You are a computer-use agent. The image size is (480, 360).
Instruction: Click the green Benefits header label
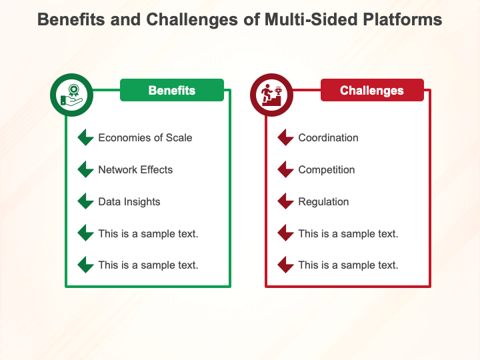[x=171, y=91]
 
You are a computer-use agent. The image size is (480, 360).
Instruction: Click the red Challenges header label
[x=371, y=91]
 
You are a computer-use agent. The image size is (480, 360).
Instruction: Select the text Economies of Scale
[x=145, y=138]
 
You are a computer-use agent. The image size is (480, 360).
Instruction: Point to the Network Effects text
[x=135, y=170]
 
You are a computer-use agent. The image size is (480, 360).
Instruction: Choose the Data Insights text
[x=129, y=202]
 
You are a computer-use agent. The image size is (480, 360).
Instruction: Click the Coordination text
[x=328, y=138]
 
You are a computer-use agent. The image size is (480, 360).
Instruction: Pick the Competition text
[x=326, y=170]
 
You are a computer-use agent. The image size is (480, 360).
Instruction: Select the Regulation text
[x=323, y=202]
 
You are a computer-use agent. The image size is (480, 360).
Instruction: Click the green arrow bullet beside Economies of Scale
[x=85, y=138]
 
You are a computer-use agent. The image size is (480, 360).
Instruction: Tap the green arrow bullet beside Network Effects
[x=85, y=170]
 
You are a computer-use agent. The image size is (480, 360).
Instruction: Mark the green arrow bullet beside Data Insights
[x=85, y=201]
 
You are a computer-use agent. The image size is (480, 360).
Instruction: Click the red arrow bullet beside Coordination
[x=285, y=138]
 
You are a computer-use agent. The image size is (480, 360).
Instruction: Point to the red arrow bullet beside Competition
[x=285, y=170]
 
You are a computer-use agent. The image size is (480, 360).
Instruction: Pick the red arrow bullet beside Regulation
[x=285, y=201]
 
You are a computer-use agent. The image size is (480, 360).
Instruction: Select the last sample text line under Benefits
[x=148, y=265]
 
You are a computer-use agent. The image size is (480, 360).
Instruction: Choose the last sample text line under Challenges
[x=348, y=265]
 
